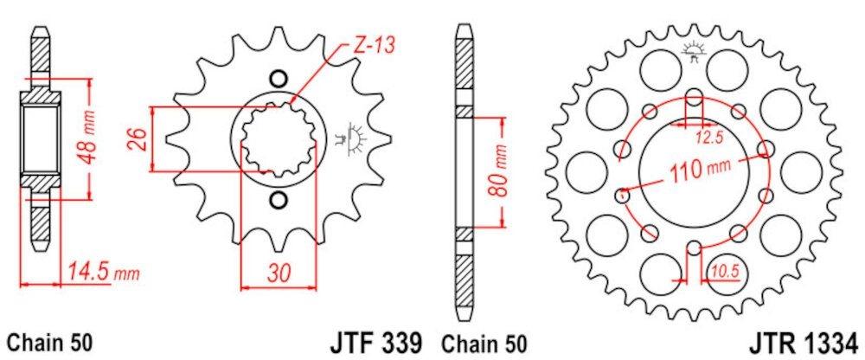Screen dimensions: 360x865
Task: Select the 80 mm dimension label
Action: (500, 173)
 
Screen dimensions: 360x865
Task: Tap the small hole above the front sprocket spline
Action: (278, 78)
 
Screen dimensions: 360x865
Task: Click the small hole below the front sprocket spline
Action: (278, 202)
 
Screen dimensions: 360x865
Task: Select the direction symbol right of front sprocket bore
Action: (353, 138)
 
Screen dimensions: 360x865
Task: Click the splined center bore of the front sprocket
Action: (278, 139)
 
